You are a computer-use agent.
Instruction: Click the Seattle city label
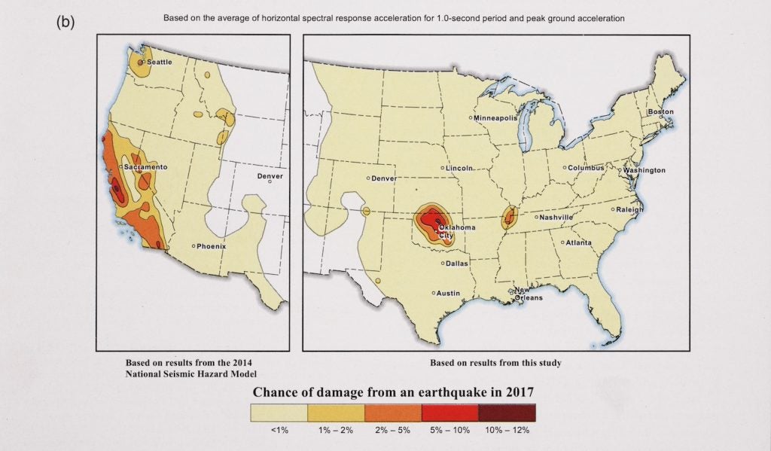(x=159, y=62)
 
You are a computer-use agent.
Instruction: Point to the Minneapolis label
(x=496, y=118)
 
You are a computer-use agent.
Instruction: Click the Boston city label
(x=660, y=112)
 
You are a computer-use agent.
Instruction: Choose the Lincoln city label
(x=460, y=168)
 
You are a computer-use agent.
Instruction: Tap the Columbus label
(x=586, y=168)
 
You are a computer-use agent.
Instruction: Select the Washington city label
(x=644, y=171)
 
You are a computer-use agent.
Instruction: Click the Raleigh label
(x=630, y=210)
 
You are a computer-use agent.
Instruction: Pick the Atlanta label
(x=579, y=243)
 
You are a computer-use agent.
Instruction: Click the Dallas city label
(x=456, y=264)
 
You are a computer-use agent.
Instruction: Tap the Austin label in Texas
(x=449, y=293)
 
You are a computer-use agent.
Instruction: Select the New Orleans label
(x=528, y=294)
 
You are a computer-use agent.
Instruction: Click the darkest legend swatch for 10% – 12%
(x=507, y=413)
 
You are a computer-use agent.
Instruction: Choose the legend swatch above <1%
(x=279, y=413)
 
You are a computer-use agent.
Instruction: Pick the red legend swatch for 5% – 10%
(x=450, y=413)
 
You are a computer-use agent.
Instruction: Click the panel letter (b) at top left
(x=66, y=22)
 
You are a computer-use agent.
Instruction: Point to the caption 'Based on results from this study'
(x=495, y=363)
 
